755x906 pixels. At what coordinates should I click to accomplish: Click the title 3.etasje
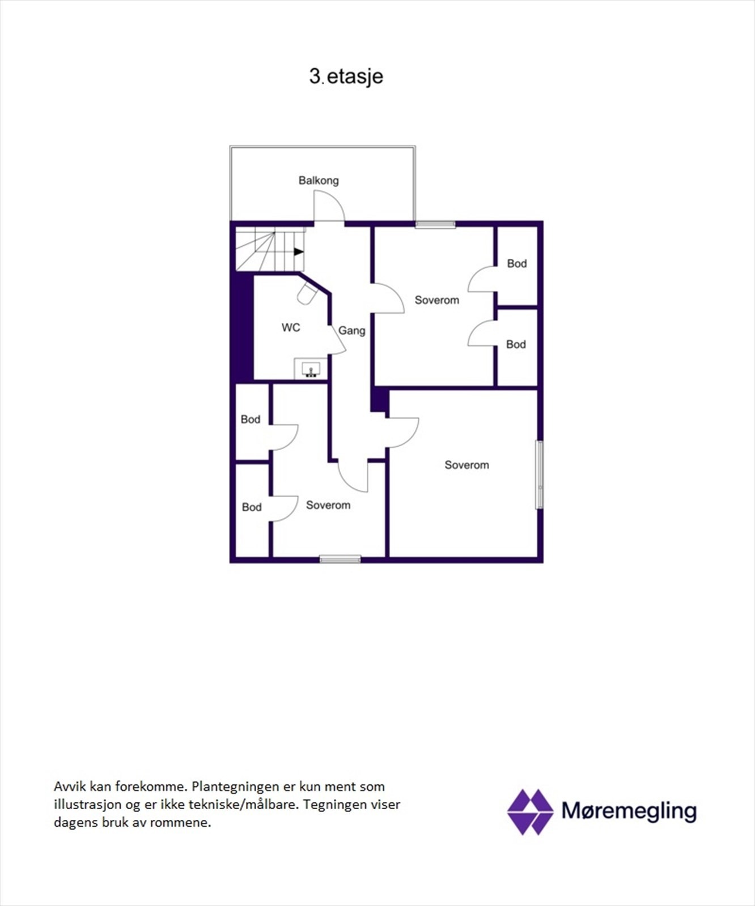pyautogui.click(x=346, y=76)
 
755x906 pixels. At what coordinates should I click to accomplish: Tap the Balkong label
pyautogui.click(x=319, y=181)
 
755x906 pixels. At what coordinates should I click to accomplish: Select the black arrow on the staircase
pyautogui.click(x=299, y=252)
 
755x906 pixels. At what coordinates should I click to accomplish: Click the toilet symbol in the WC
pyautogui.click(x=307, y=294)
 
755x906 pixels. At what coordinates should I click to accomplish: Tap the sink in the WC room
pyautogui.click(x=311, y=370)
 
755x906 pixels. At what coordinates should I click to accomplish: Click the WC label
pyautogui.click(x=291, y=327)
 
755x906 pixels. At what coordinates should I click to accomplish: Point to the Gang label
pyautogui.click(x=351, y=331)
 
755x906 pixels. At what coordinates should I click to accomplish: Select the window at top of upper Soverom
pyautogui.click(x=435, y=225)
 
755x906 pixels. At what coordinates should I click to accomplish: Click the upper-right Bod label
pyautogui.click(x=516, y=264)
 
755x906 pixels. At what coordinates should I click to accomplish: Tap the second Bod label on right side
pyautogui.click(x=516, y=344)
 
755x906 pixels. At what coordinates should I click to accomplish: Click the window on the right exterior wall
pyautogui.click(x=540, y=475)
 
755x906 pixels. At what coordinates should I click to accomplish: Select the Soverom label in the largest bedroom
pyautogui.click(x=466, y=465)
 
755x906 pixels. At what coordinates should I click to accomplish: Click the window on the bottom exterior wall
pyautogui.click(x=340, y=559)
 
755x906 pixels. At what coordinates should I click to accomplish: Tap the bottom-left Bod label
pyautogui.click(x=252, y=507)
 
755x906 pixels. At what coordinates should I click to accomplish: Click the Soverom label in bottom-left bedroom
pyautogui.click(x=328, y=505)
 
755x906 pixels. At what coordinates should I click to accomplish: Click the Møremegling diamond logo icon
pyautogui.click(x=530, y=812)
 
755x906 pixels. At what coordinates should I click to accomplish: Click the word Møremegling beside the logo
pyautogui.click(x=629, y=811)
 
